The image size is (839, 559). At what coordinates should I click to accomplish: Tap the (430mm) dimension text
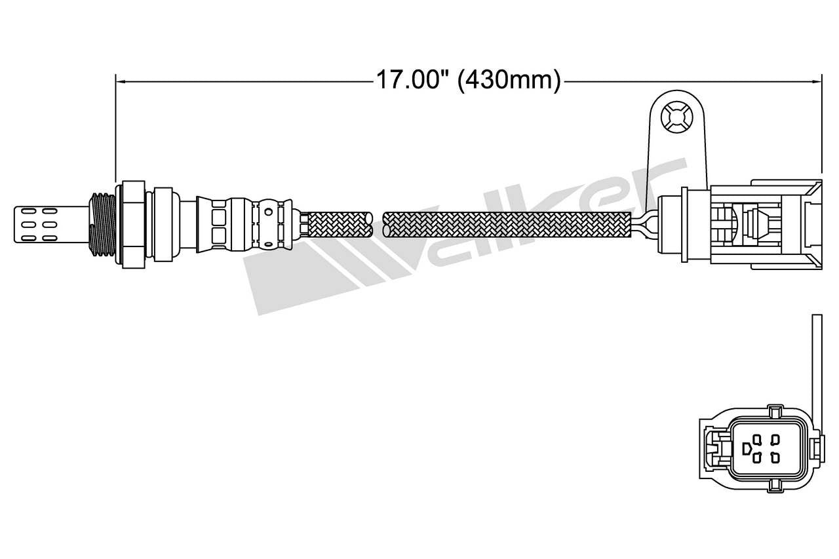coord(509,81)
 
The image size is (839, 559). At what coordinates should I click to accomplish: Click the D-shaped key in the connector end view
coord(747,448)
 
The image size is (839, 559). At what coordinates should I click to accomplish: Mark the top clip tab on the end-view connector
coord(774,412)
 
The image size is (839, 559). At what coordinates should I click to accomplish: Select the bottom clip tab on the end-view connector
coord(775,484)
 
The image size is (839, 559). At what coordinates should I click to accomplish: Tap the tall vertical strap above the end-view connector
coord(816,367)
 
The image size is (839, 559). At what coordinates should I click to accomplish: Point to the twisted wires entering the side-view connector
coord(646,225)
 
